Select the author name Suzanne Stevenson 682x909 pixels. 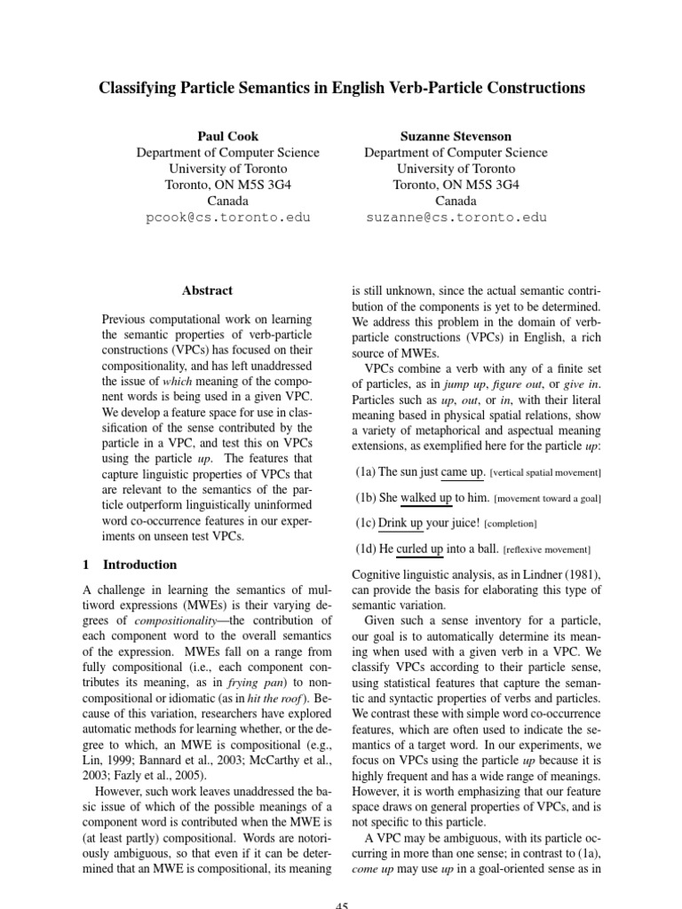[x=456, y=136]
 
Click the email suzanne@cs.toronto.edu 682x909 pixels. [x=456, y=217]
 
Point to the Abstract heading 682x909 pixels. [x=207, y=290]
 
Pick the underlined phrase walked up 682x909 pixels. [x=426, y=498]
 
